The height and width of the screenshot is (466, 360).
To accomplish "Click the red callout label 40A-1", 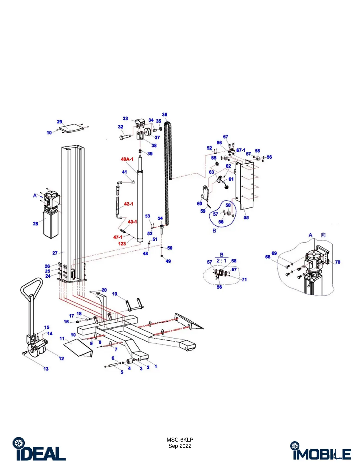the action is point(127,159).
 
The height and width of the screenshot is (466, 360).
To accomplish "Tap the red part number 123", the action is point(122,244).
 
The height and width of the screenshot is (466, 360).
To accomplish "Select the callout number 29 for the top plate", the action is point(59,122).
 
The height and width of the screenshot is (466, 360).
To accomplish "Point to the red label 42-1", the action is point(129,204).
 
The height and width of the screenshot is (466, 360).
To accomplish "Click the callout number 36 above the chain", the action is point(164,114).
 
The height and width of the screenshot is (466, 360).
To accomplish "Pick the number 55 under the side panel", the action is point(246,218).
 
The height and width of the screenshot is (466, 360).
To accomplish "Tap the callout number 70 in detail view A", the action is point(338,262).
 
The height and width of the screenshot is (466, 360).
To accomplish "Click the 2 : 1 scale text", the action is point(221,261).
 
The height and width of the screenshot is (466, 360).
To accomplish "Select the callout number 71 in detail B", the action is point(244,280).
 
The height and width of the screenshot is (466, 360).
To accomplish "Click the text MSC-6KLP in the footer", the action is point(180,440).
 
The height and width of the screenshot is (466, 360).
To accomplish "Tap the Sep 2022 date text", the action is point(180,446).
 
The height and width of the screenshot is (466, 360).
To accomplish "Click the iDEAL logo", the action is point(39,449).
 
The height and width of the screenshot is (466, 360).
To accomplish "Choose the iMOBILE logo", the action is point(321,451).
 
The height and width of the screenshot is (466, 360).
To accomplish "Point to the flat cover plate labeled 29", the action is point(71,128).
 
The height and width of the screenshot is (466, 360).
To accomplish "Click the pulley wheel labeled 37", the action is point(147,132).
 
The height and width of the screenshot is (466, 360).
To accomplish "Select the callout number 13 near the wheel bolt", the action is point(46,369).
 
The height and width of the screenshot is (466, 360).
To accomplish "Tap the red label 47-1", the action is point(118,237).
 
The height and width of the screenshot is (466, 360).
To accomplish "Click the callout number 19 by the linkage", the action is point(115,294).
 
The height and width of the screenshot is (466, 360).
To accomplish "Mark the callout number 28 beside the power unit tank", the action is point(36,224).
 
